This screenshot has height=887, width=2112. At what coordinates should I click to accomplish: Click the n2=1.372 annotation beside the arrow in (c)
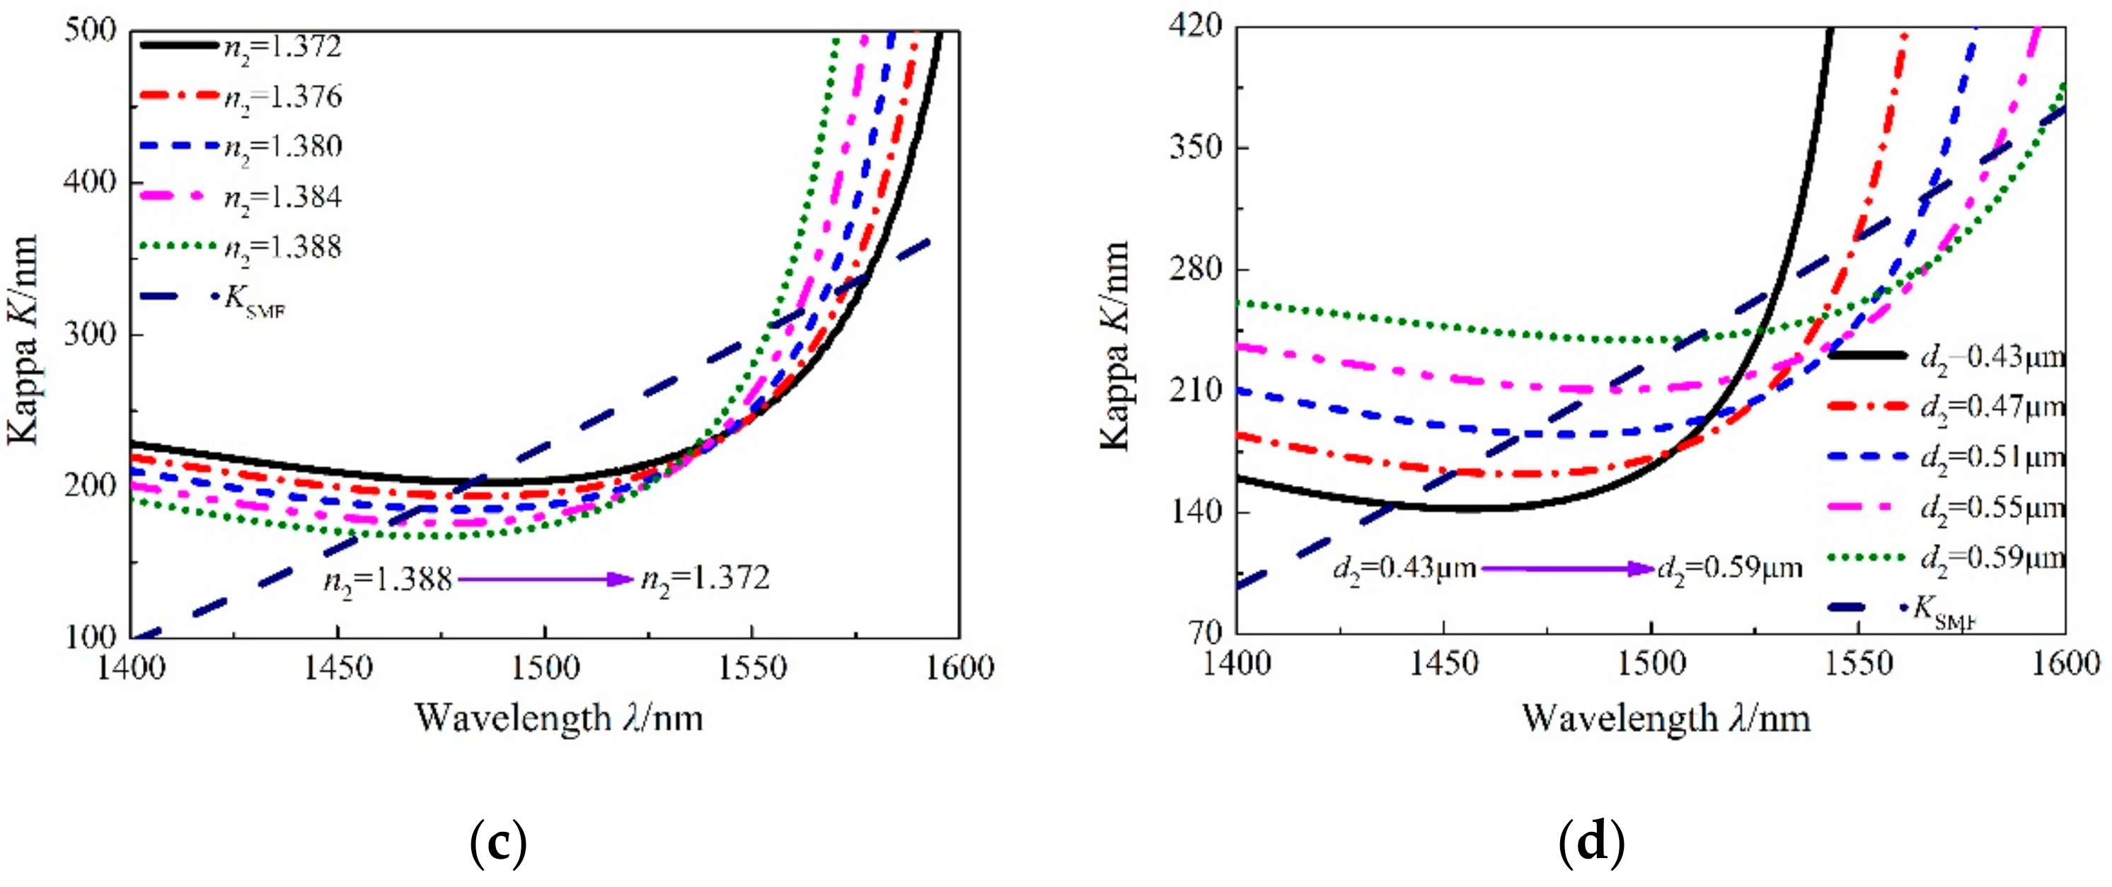click(705, 579)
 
